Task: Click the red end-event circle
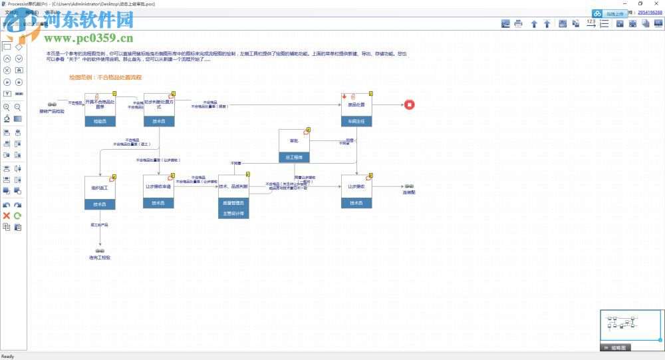(410, 104)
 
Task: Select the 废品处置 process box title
(356, 104)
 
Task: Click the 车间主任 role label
(356, 122)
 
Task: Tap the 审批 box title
(294, 141)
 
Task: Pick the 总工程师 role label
(294, 158)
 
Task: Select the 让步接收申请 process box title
(158, 187)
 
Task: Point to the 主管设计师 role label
(233, 214)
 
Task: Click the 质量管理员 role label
(233, 202)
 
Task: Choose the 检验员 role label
(100, 122)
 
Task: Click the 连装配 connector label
(409, 192)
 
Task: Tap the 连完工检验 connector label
(100, 257)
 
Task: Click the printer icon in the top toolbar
(518, 24)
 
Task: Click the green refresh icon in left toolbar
(18, 216)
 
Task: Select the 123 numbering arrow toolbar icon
(591, 24)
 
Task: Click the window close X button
(658, 4)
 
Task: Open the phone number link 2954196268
(650, 12)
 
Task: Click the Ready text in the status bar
(8, 356)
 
